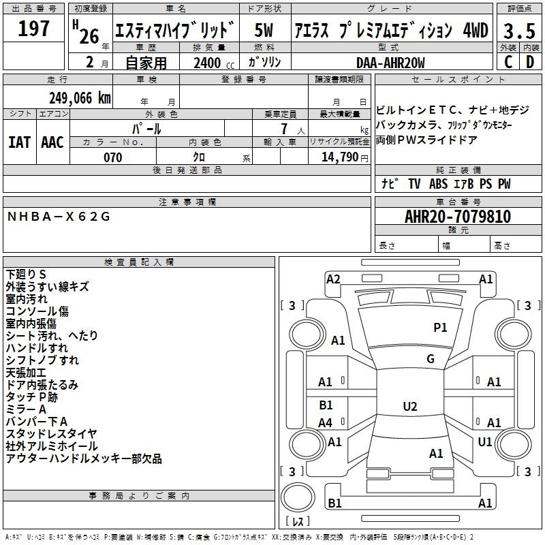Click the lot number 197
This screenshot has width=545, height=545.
[33, 28]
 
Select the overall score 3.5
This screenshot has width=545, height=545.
[519, 31]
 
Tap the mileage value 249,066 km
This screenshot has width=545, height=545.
[80, 98]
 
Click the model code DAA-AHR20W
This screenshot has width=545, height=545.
[390, 63]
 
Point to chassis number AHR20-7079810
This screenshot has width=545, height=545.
[458, 217]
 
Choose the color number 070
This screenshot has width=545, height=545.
[113, 157]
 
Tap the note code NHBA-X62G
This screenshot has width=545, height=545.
[59, 217]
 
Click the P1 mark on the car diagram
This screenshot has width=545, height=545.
[440, 327]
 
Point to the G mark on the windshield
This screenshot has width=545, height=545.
[431, 359]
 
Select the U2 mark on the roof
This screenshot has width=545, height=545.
[410, 406]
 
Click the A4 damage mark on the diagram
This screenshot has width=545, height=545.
[326, 422]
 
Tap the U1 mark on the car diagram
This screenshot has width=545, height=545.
[485, 441]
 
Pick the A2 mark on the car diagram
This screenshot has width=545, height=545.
[333, 279]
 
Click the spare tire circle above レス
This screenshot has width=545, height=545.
[298, 497]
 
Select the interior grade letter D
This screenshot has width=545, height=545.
[530, 62]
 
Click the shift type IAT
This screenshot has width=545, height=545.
[19, 142]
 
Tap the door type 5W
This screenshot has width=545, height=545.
[264, 30]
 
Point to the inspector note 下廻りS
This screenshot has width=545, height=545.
[26, 275]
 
